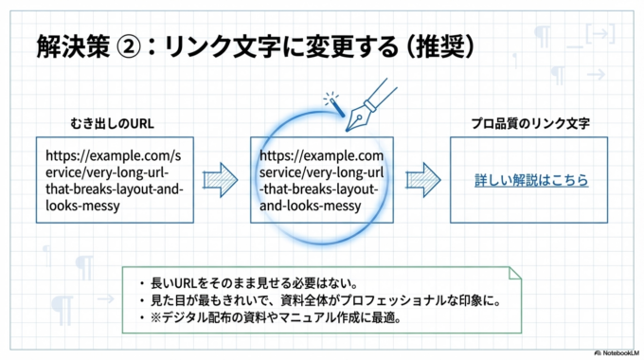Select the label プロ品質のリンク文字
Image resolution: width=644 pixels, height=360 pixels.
(x=530, y=124)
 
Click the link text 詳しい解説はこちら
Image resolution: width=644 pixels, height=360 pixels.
(x=531, y=180)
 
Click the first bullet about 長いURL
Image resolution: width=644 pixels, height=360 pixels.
(x=246, y=283)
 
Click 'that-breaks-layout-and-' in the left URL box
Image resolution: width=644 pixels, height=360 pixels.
(x=112, y=189)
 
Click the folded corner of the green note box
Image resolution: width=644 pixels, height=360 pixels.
(x=515, y=274)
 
